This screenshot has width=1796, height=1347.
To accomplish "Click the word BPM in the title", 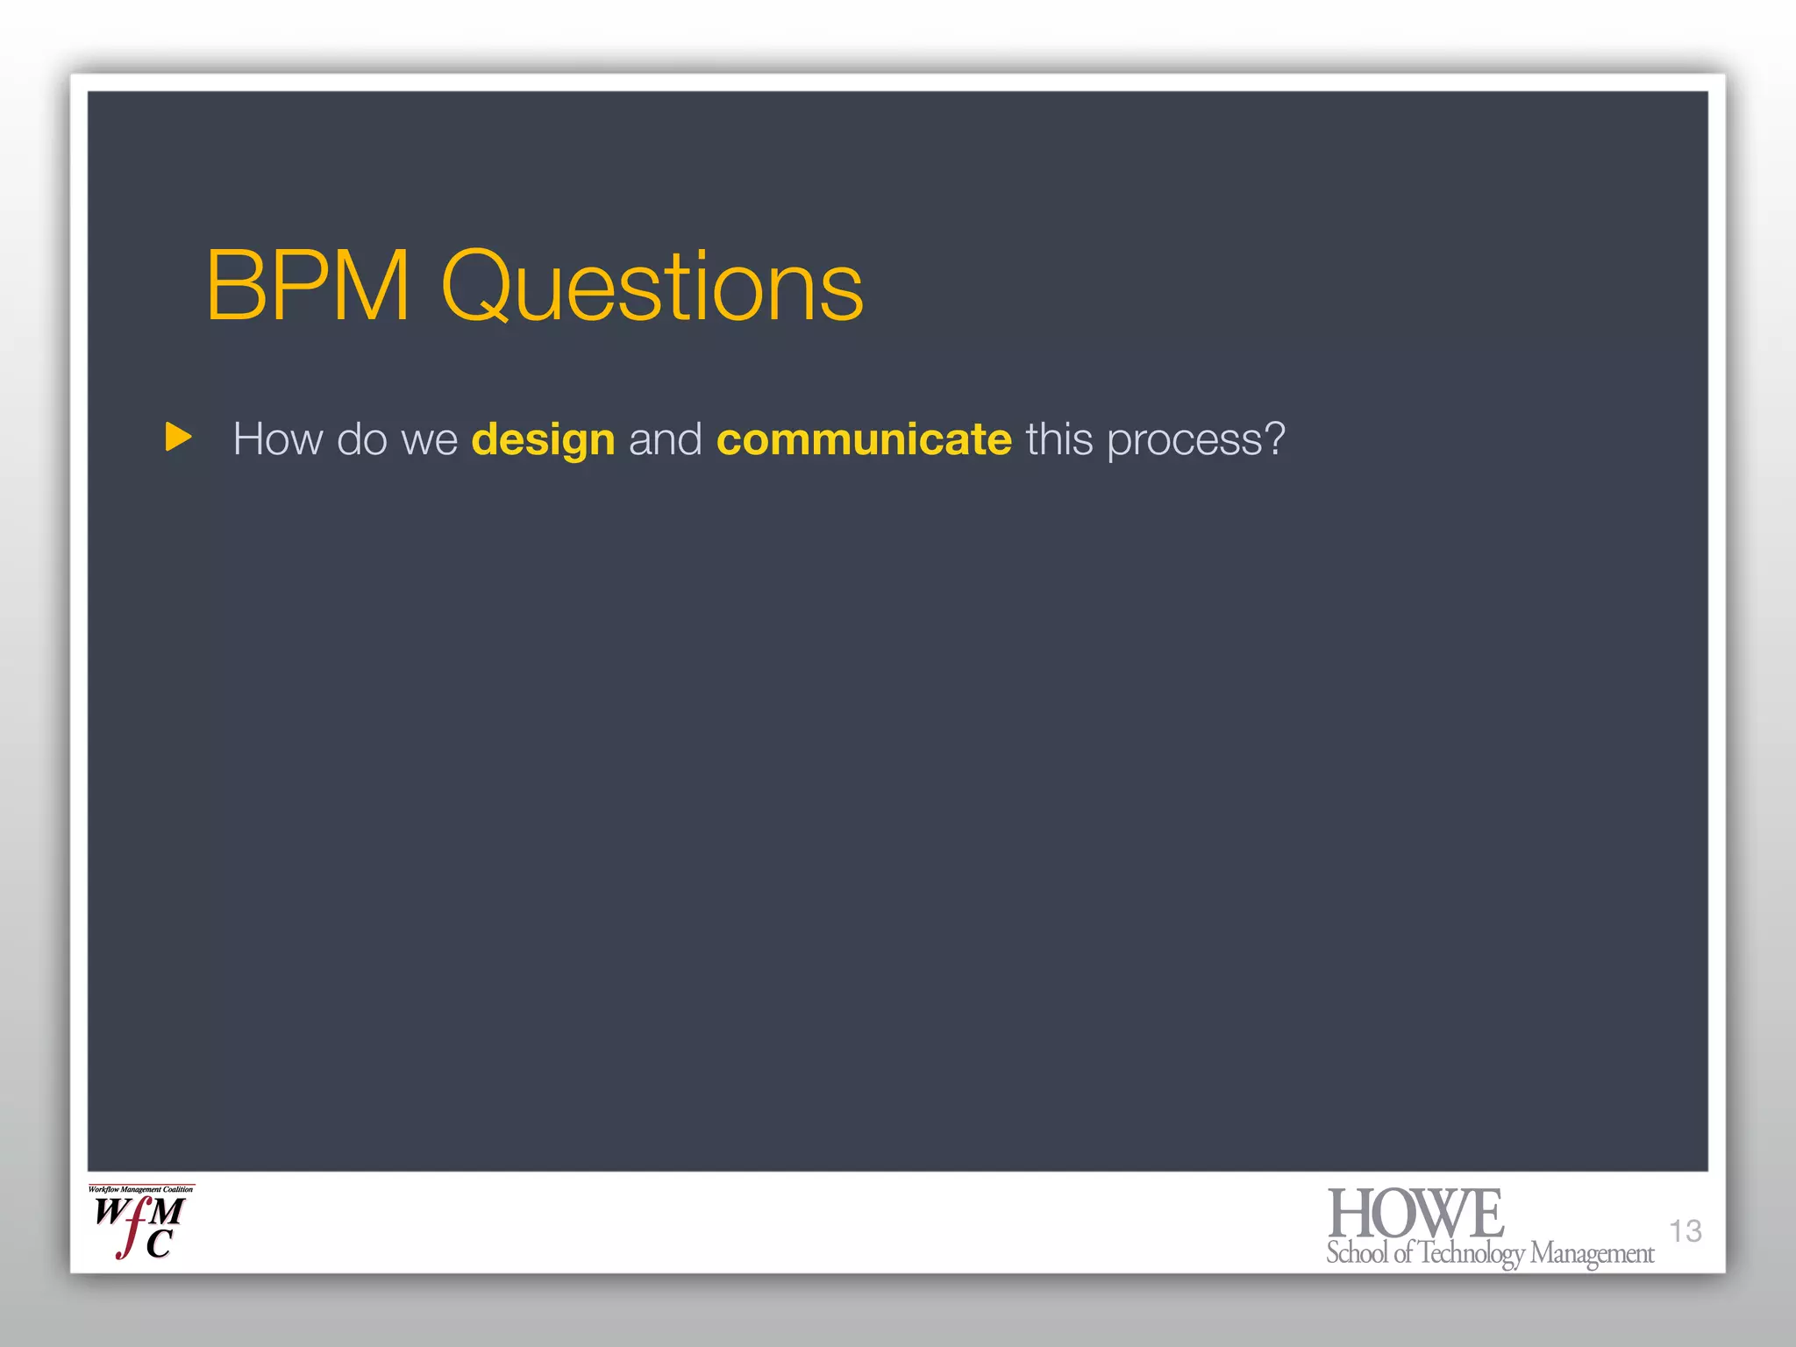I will pyautogui.click(x=308, y=286).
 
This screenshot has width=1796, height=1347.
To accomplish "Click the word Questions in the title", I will pyautogui.click(x=652, y=286).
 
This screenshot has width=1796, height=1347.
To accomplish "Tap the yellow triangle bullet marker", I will pyautogui.click(x=178, y=437).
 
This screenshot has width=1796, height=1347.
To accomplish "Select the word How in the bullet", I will pyautogui.click(x=277, y=438).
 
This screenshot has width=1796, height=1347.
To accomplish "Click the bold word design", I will pyautogui.click(x=543, y=440).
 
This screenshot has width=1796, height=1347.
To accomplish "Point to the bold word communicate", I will pyautogui.click(x=864, y=439).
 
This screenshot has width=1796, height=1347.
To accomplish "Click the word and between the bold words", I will pyautogui.click(x=665, y=438).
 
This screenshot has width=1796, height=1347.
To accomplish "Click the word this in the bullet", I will pyautogui.click(x=1059, y=438).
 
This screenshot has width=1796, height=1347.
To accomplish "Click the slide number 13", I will pyautogui.click(x=1685, y=1230).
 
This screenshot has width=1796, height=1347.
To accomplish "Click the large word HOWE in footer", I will pyautogui.click(x=1415, y=1214).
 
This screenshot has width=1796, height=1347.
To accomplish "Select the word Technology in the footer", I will pyautogui.click(x=1472, y=1253).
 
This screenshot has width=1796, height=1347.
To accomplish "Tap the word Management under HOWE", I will pyautogui.click(x=1592, y=1253).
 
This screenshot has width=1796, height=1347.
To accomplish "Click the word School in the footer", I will pyautogui.click(x=1357, y=1252).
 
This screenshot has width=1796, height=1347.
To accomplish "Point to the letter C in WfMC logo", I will pyautogui.click(x=159, y=1244).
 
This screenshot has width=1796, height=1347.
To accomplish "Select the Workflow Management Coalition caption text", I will pyautogui.click(x=140, y=1190).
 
